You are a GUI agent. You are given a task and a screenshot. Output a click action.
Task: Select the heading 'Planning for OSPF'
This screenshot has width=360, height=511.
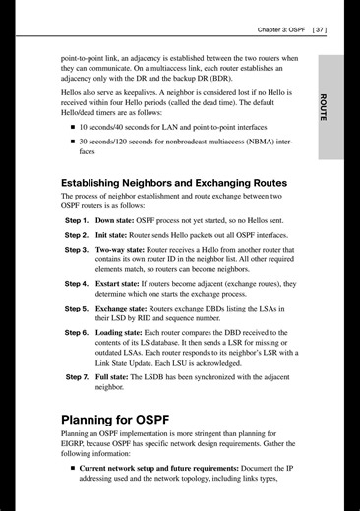point(124,421)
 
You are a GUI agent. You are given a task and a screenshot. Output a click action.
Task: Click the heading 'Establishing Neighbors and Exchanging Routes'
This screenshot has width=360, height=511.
point(174,183)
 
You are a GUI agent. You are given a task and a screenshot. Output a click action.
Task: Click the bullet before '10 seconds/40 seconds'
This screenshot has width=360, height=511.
point(72,128)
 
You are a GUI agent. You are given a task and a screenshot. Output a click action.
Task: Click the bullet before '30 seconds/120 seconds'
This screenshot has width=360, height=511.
point(72,142)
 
